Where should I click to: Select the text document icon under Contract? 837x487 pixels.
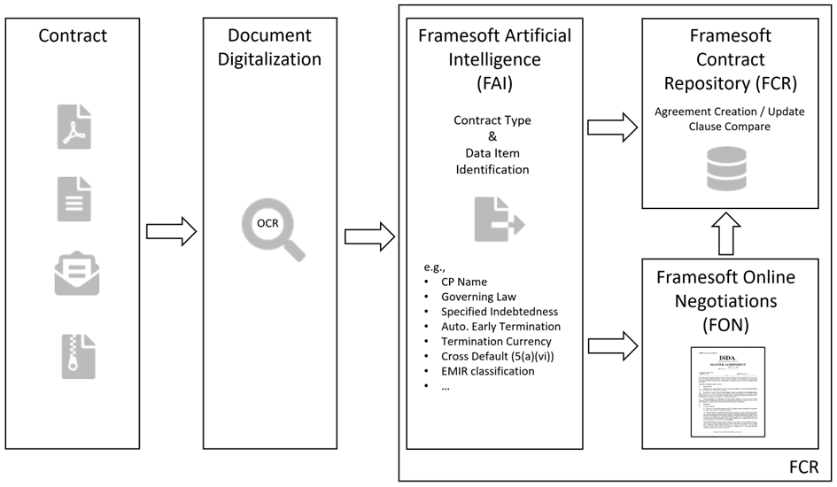(x=74, y=198)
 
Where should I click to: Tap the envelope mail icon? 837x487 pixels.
(x=76, y=274)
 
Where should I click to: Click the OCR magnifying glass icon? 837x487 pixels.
(x=271, y=229)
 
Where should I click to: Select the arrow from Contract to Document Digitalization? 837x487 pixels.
(x=171, y=232)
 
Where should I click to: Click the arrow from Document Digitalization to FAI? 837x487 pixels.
(x=369, y=237)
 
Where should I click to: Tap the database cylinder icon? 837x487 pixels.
(x=726, y=168)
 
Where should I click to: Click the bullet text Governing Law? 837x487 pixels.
(x=479, y=297)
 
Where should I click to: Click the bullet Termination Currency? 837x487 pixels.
(x=496, y=341)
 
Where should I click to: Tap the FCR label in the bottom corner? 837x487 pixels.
(x=805, y=467)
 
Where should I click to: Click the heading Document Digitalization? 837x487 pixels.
(x=270, y=47)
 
